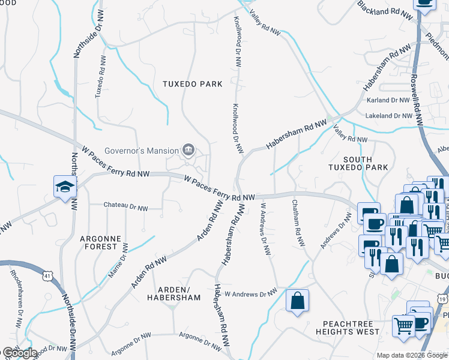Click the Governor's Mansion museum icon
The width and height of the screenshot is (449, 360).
tap(188, 149)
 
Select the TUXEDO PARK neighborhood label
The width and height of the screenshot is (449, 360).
tap(192, 84)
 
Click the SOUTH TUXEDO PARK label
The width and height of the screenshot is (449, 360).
tap(358, 163)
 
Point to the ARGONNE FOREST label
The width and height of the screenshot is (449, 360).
tap(99, 242)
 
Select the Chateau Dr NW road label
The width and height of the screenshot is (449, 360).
tap(125, 208)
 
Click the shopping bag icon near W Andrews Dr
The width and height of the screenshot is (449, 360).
tap(298, 302)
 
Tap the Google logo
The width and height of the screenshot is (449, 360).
tap(19, 353)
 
